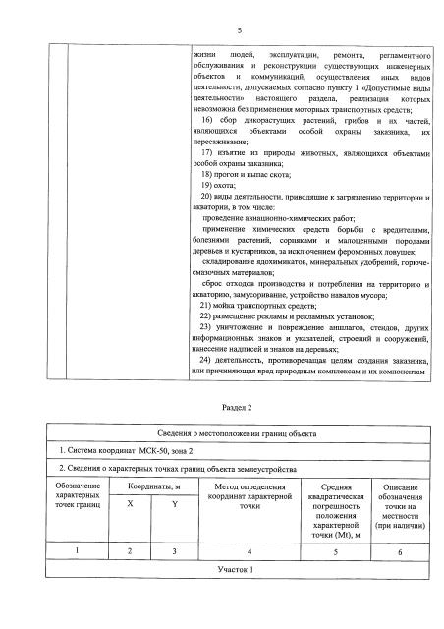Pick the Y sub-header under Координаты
pyautogui.click(x=175, y=503)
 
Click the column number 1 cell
pyautogui.click(x=78, y=551)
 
